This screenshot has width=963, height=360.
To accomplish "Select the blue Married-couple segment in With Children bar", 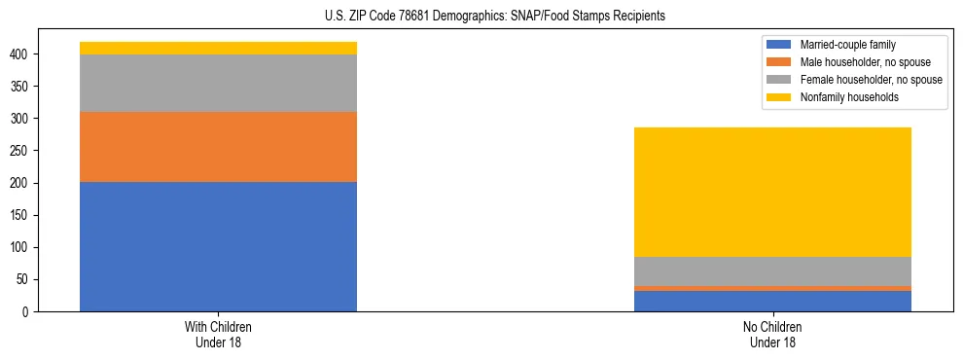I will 218,246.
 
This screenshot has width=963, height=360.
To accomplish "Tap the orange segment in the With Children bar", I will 218,147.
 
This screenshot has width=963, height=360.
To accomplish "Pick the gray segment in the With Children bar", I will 218,83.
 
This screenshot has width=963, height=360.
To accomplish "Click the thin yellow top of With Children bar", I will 218,48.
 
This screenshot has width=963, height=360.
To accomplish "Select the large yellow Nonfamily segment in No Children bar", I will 772,192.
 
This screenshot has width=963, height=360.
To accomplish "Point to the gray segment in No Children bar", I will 772,270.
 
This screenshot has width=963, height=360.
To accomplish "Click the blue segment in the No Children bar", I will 772,301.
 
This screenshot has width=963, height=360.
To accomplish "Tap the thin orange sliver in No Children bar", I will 772,288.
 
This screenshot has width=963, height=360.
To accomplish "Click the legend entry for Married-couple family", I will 847,45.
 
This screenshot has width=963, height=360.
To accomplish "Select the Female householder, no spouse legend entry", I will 871,80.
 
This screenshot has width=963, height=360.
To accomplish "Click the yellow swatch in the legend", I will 780,97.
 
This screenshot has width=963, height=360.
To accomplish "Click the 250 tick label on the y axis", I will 22,151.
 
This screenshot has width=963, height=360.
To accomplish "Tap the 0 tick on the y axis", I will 28,312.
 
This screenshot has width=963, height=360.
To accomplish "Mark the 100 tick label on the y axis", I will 22,247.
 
